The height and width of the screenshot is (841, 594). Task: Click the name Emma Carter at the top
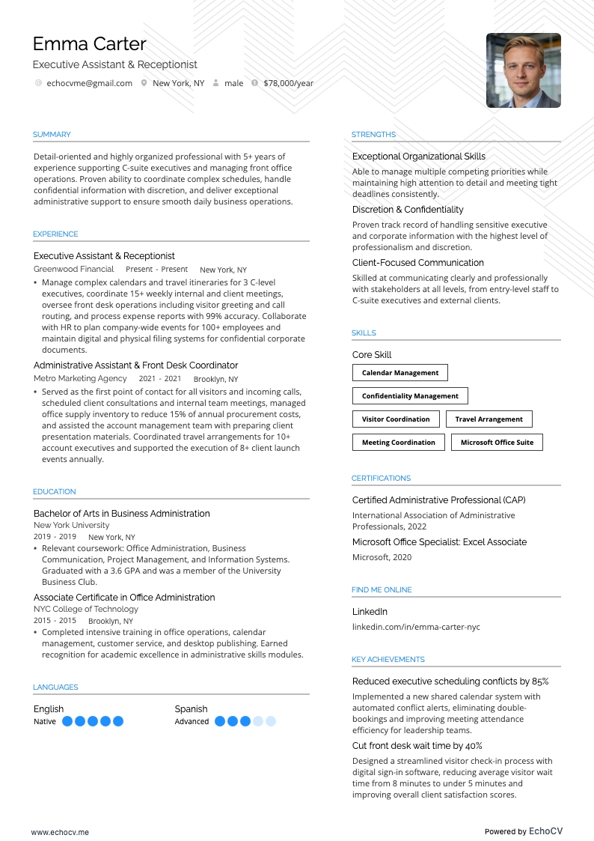90,43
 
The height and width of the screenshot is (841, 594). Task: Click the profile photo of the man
523,70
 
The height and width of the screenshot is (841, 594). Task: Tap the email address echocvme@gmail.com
89,83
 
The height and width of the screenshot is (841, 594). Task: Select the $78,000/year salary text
288,83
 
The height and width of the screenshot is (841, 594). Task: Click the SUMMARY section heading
52,135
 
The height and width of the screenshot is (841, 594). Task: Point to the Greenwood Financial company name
73,269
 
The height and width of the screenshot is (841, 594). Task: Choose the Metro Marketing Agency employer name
80,379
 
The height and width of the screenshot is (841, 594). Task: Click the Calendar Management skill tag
400,373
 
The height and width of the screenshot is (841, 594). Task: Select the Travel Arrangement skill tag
489,419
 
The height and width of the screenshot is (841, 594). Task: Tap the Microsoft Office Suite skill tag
497,443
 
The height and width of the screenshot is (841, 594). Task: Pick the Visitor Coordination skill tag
396,419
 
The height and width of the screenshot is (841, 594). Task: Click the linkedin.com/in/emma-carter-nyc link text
416,627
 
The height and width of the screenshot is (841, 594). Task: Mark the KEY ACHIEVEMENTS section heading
388,660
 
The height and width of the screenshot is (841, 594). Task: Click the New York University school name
71,525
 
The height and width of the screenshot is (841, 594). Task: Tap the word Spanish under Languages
191,709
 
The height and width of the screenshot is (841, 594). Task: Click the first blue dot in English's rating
67,721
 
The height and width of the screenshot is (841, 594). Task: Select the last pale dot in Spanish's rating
271,721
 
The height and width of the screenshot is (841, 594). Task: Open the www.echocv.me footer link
60,832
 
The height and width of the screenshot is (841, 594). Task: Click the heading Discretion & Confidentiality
408,210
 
